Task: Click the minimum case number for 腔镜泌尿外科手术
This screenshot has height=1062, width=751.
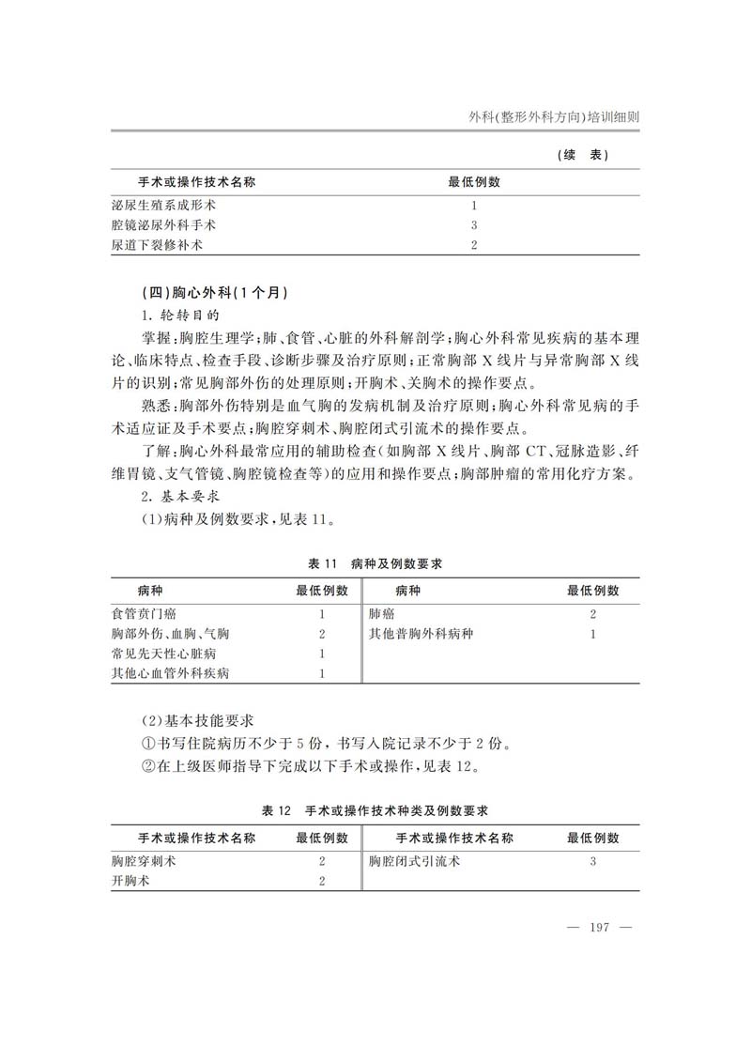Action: [474, 225]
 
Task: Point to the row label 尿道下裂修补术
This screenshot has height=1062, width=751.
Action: [158, 246]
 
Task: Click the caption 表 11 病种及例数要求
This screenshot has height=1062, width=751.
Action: [375, 564]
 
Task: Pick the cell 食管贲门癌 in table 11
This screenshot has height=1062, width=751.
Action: [144, 613]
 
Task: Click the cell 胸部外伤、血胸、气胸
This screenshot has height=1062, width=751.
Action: [170, 634]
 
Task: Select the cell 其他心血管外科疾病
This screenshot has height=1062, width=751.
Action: [170, 674]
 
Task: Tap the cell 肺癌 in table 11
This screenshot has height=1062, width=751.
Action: [381, 613]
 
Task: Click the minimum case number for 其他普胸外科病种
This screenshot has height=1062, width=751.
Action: [593, 634]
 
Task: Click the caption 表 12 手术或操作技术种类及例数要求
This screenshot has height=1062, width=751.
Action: [375, 809]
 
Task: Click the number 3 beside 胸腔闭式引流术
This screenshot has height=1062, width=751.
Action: [593, 860]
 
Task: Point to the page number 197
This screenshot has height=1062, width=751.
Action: [599, 928]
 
